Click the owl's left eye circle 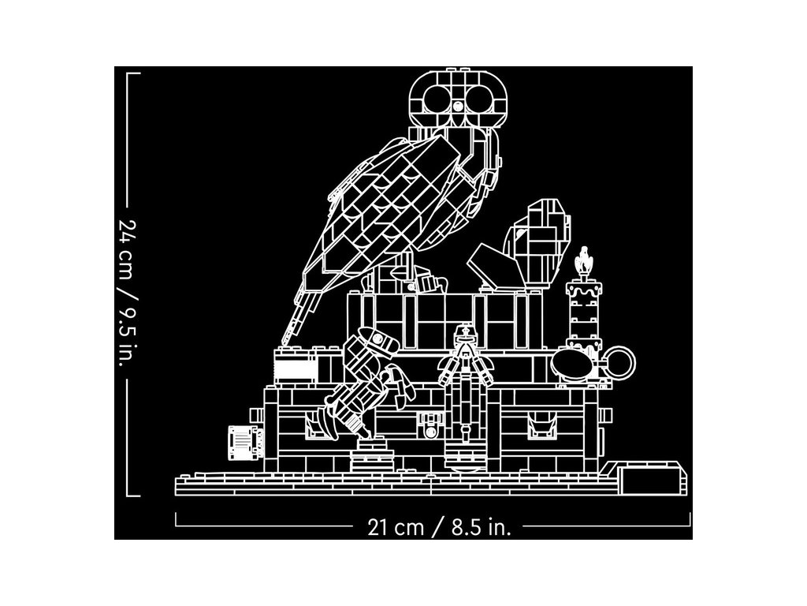434,99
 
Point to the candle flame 583,261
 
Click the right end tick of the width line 690,520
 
